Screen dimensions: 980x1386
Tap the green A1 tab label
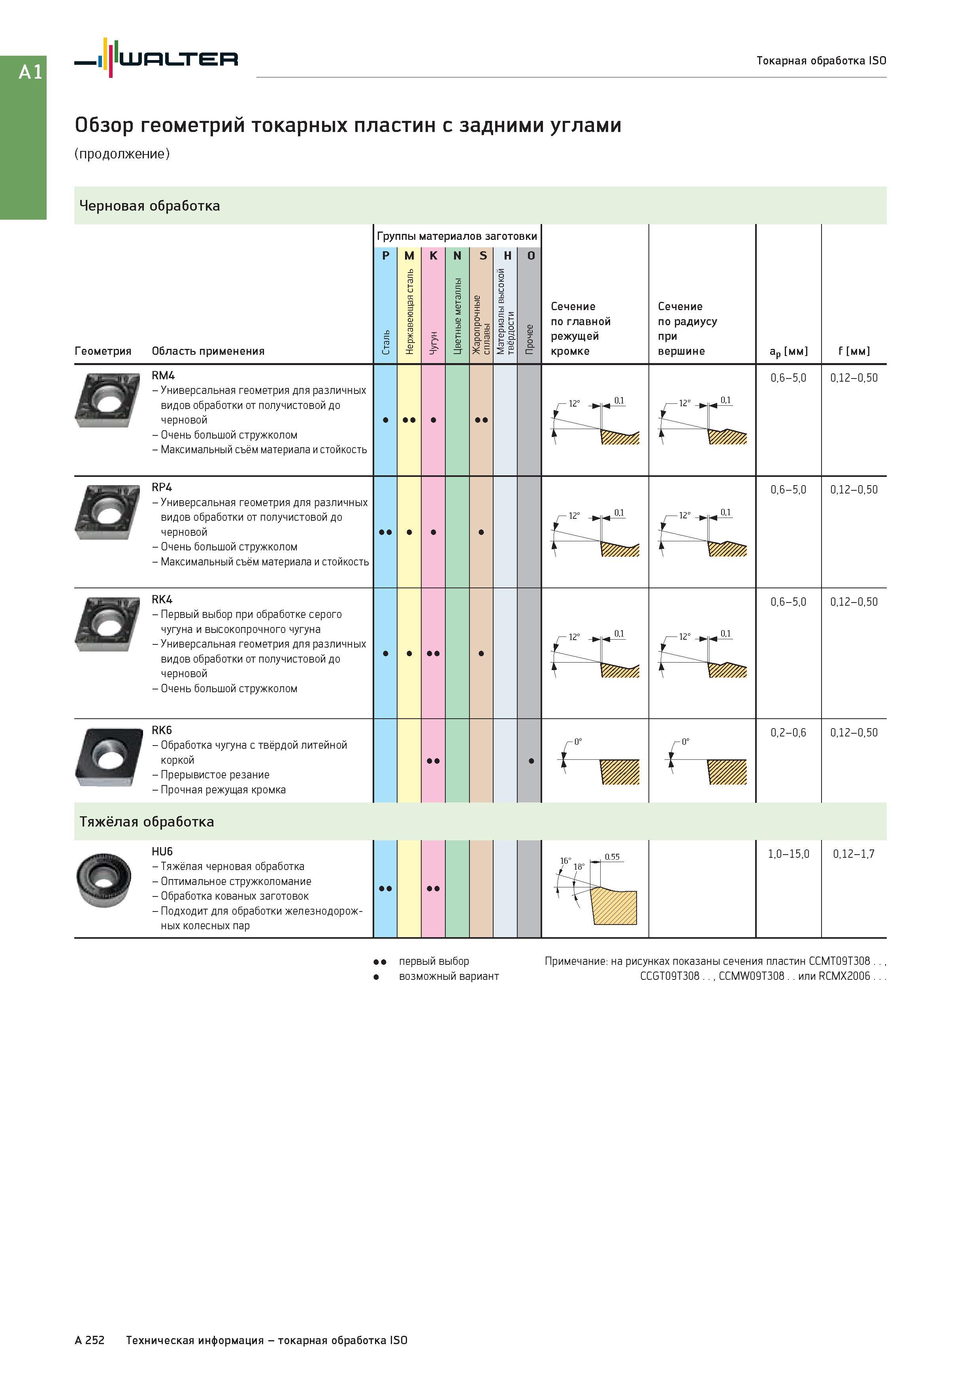point(30,72)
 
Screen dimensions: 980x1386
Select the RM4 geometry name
point(163,375)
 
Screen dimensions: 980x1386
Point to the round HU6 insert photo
point(103,880)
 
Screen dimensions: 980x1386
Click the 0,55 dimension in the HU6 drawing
point(612,857)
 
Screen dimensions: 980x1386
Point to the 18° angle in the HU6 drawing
point(579,867)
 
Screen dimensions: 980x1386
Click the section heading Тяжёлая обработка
point(147,821)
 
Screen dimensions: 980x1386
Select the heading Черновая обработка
point(150,206)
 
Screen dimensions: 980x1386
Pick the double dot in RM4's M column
point(409,420)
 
